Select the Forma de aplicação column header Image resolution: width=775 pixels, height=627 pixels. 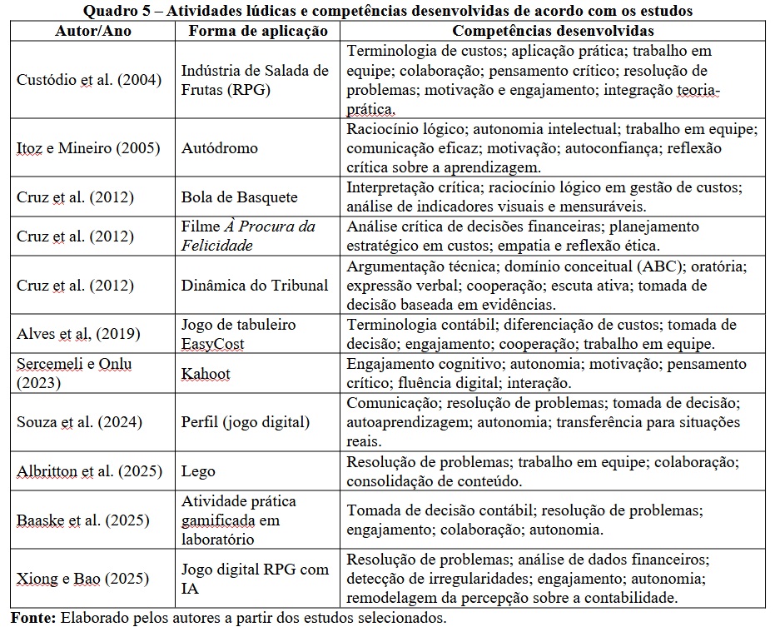[x=258, y=30]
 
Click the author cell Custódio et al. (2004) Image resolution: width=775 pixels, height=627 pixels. [x=89, y=80]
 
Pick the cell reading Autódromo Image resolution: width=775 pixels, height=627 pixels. [x=220, y=148]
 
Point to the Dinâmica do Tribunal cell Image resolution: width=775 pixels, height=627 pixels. [x=255, y=285]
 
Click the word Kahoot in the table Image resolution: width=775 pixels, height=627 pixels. [x=206, y=374]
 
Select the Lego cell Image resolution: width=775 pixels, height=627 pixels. [x=198, y=471]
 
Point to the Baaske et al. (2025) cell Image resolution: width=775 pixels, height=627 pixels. [x=83, y=520]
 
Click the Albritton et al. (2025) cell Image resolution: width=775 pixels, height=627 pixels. [x=89, y=471]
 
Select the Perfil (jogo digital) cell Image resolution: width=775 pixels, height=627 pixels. [x=246, y=422]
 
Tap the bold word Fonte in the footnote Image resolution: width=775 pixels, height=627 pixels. [x=32, y=618]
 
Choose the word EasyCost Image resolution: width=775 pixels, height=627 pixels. [x=214, y=342]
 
